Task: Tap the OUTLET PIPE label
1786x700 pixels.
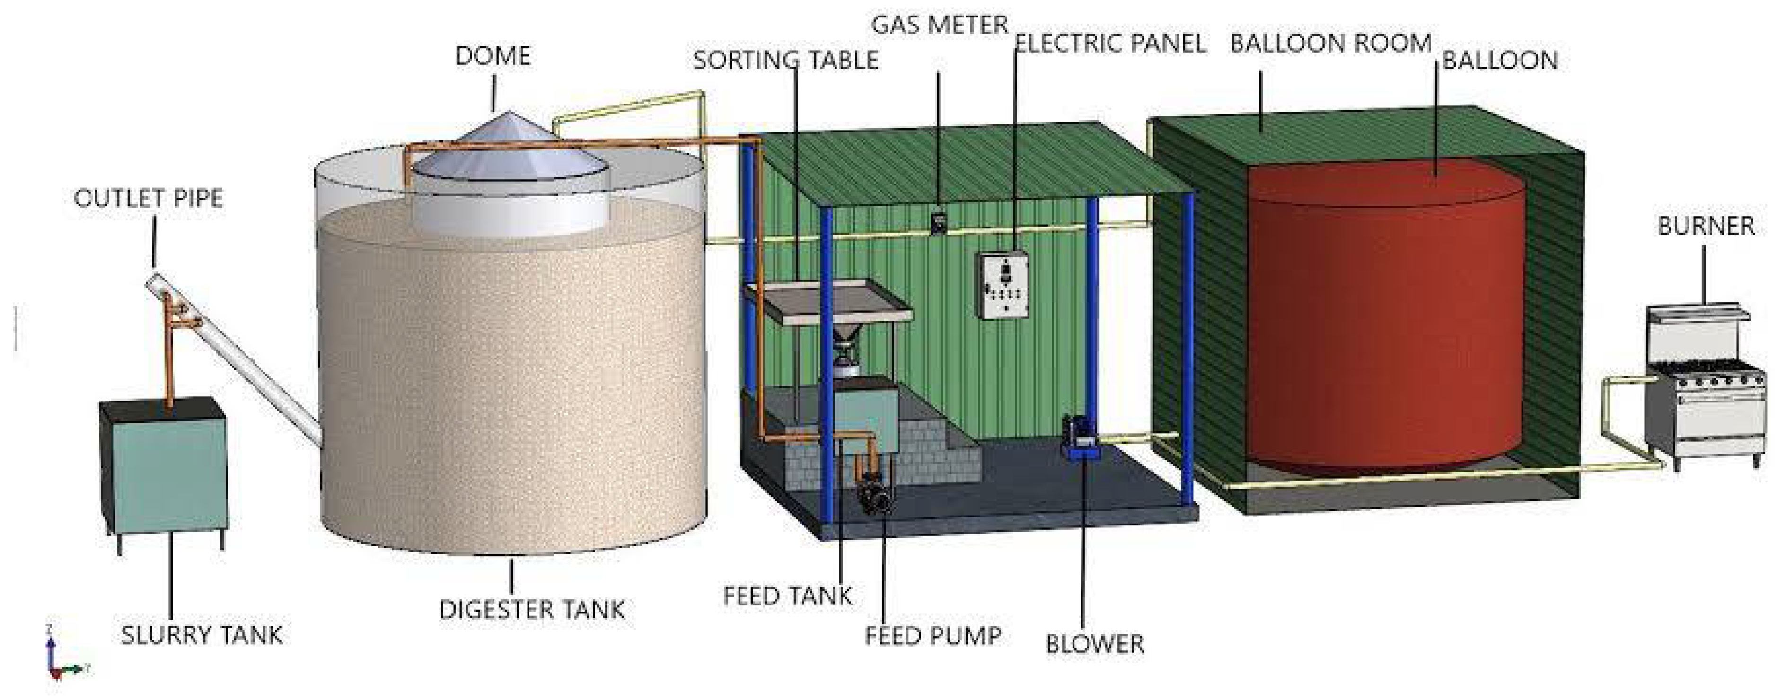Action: coord(149,199)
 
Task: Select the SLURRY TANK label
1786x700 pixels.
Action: coord(202,635)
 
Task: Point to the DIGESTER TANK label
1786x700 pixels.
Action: coord(532,610)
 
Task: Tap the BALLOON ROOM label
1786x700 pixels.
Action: coord(1330,44)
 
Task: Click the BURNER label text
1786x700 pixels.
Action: coord(1706,226)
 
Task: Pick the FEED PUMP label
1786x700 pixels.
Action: coord(933,636)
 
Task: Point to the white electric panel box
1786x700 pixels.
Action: coord(1003,285)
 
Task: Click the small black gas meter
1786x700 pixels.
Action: coord(938,222)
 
